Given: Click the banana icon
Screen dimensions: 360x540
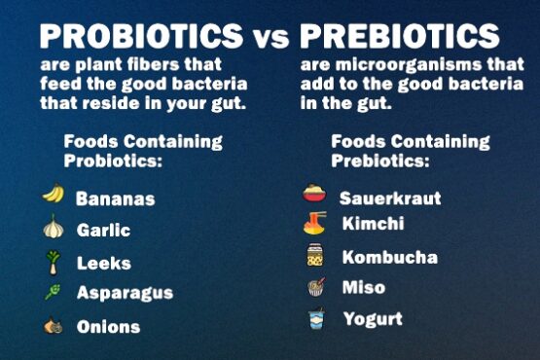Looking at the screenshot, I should pos(53,195).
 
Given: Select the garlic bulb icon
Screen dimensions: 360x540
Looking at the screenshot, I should pos(53,229).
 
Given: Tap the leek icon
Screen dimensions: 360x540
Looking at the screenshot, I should pos(53,261).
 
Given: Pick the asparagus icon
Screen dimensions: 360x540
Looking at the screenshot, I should pos(52,292).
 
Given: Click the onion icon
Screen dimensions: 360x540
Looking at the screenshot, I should pos(53,326).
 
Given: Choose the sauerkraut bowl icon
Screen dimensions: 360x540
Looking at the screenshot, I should pos(313,194).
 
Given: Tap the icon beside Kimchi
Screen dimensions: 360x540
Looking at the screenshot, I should pos(313,224).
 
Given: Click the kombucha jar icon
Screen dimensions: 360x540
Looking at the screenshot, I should pos(314,256).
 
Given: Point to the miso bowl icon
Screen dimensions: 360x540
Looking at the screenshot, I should pos(314,287).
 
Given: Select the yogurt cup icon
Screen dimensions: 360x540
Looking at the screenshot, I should pos(314,319).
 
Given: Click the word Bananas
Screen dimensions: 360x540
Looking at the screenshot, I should pos(115,198).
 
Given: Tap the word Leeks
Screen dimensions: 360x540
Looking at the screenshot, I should pos(103,263).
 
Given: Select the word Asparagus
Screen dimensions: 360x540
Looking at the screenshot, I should pos(125,293).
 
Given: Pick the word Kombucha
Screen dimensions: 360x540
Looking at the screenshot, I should pos(389,258).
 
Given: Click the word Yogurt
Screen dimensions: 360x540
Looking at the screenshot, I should pos(372,319).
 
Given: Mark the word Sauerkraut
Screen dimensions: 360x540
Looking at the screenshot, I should pos(389,198).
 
